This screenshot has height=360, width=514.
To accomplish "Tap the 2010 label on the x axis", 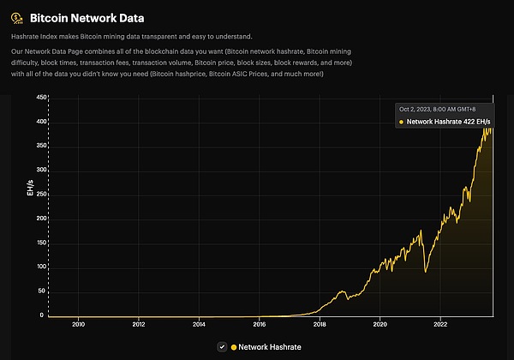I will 78,325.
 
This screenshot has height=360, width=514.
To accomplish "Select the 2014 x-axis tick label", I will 199,325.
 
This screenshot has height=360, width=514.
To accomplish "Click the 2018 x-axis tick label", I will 320,325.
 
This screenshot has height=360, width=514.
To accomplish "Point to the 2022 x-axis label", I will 440,325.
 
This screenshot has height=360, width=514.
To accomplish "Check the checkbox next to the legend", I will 222,346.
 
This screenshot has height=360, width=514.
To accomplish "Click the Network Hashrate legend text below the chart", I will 270,346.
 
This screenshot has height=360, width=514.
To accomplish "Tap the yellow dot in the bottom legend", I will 233,346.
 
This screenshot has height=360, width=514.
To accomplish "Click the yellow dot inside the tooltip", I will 400,123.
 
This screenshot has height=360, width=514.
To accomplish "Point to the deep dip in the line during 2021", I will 426,272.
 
